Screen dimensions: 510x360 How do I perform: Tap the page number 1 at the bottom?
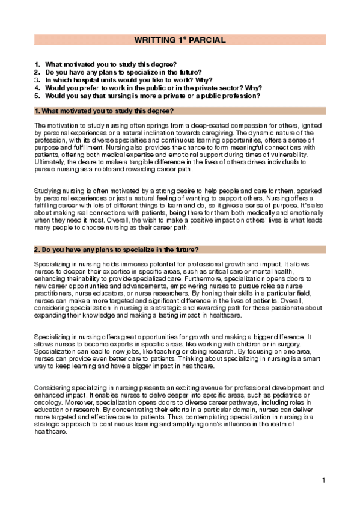pyautogui.click(x=323, y=480)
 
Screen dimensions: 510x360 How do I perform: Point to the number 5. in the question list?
pyautogui.click(x=37, y=95)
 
